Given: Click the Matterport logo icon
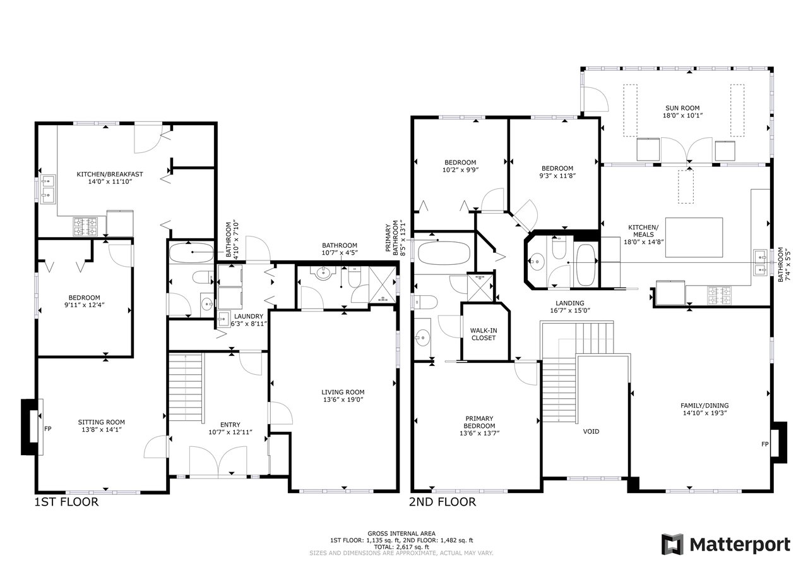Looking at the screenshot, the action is coord(672,544).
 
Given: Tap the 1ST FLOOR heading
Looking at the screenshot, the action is coord(66,502).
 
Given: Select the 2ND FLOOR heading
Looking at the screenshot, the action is coord(443,502).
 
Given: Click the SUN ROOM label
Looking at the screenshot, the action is coord(682,108).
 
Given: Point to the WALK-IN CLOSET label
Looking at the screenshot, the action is coord(484,334).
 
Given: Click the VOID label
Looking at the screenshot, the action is coord(591,432).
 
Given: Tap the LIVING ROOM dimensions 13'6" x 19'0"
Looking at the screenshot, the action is coord(343,399).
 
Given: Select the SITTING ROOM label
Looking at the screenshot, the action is coord(102,422).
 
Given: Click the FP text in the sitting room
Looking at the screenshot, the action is coord(47,429).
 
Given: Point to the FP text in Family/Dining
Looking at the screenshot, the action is coord(764,444).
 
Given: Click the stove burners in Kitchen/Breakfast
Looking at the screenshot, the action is coord(85,226).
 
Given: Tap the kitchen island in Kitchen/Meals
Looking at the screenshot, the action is coord(694,237).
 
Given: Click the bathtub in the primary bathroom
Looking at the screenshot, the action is coord(444,253).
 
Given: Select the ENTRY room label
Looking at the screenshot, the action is coord(230,425).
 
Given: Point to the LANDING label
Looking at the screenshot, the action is coord(569,303).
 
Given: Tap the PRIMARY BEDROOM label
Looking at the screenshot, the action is coord(479,422).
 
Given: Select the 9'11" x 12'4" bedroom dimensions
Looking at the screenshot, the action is coord(85,305).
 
